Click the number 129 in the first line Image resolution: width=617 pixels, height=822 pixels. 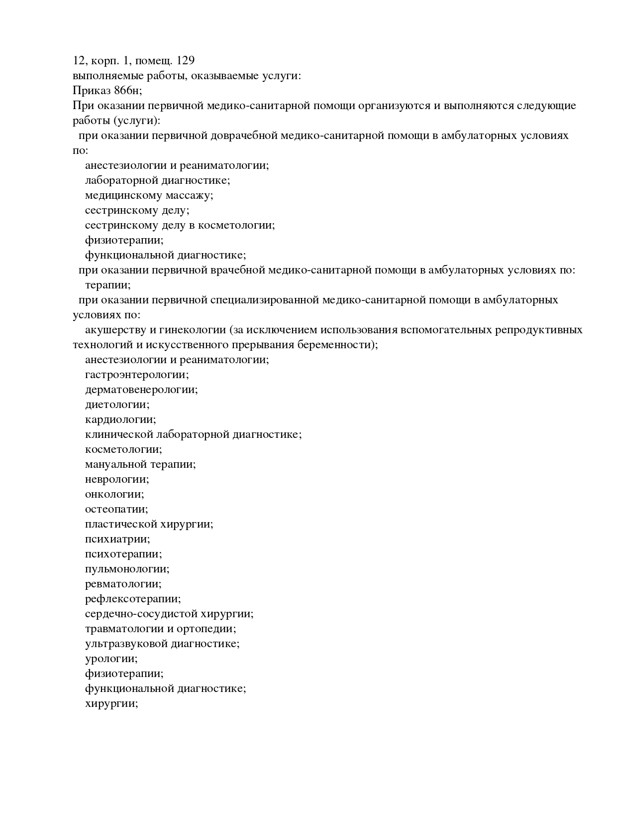[x=185, y=61]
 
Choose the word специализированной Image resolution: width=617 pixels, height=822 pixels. [x=264, y=300]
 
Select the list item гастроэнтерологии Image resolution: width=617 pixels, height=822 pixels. [x=137, y=375]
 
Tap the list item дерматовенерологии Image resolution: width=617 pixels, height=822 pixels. [x=141, y=390]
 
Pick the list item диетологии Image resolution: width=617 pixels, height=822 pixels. [x=117, y=405]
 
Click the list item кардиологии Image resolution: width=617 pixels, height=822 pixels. [x=120, y=419]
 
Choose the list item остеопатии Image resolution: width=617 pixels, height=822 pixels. [x=116, y=509]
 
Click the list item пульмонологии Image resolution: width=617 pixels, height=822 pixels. [x=127, y=569]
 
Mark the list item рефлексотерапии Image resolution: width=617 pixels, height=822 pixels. [x=133, y=599]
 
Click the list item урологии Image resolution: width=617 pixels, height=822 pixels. [x=111, y=659]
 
